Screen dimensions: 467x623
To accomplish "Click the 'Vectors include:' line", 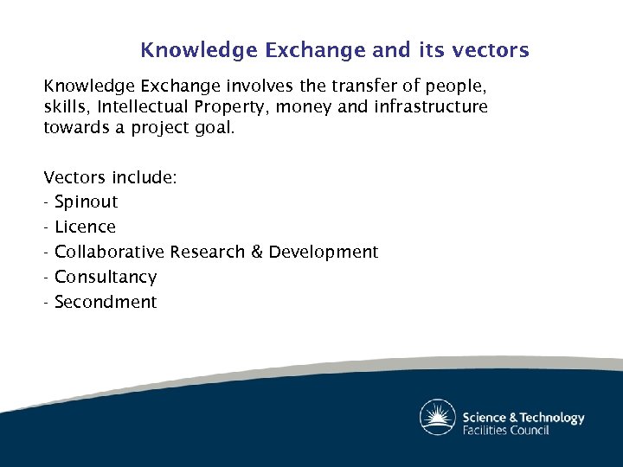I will pos(111,177).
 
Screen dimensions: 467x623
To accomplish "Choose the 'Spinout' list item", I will pos(86,202).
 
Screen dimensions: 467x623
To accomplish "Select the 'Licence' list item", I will pos(85,227).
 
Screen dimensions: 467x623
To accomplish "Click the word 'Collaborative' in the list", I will pos(109,253).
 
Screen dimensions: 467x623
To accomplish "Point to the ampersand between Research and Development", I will pos(256,253).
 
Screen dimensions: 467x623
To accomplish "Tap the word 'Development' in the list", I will pos(323,253).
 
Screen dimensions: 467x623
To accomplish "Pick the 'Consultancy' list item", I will pos(106,278).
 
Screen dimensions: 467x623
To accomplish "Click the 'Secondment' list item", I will pos(106,303).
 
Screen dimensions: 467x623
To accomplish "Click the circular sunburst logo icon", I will pos(438,418).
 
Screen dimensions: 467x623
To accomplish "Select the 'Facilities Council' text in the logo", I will pos(506,430).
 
